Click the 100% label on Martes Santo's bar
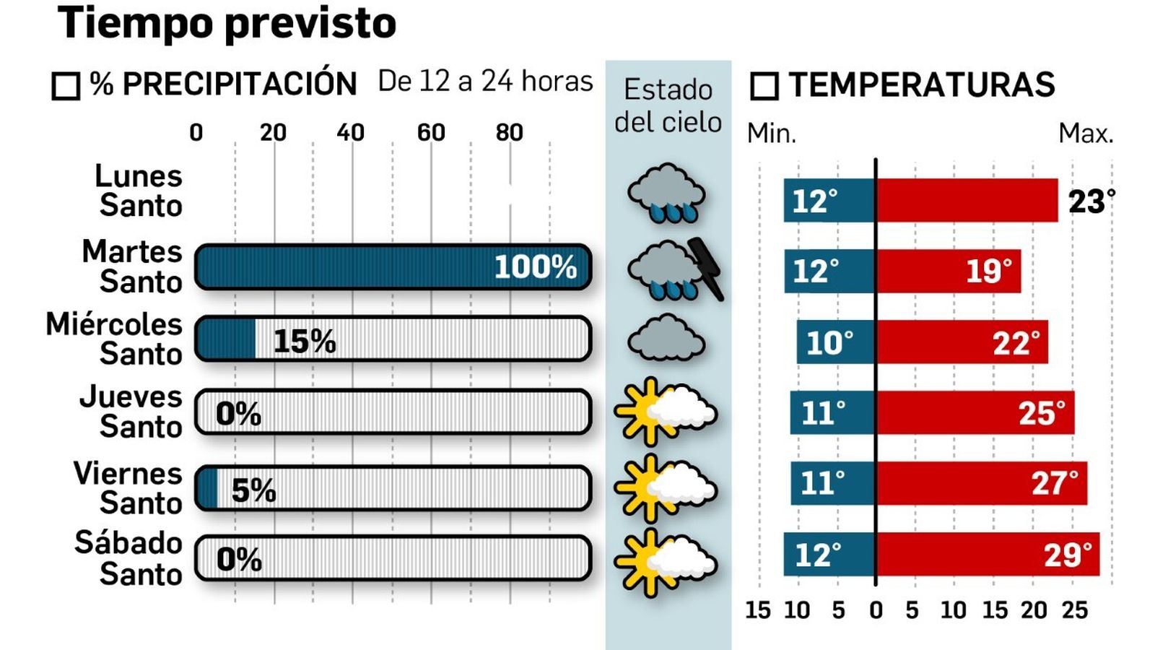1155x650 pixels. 535,267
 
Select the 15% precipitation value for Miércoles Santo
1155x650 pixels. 305,341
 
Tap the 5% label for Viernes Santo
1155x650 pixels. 253,491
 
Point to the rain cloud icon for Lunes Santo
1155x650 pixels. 666,193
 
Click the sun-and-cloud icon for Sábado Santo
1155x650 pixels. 666,562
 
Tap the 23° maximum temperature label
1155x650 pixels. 1091,201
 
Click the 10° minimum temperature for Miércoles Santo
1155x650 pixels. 829,342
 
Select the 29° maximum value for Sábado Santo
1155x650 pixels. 1067,555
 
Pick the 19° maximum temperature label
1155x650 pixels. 988,272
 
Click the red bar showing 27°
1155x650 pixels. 982,483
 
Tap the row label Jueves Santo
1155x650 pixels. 131,412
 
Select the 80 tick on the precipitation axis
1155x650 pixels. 509,132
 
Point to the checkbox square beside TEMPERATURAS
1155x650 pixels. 764,86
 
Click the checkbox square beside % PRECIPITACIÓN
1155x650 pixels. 66,86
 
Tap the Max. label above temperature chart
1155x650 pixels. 1085,134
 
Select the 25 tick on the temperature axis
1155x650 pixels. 1074,610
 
